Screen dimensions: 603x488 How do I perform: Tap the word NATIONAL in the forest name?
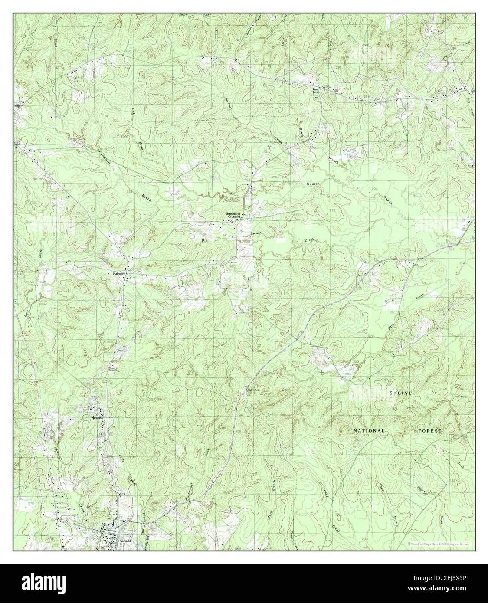(x=369, y=431)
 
